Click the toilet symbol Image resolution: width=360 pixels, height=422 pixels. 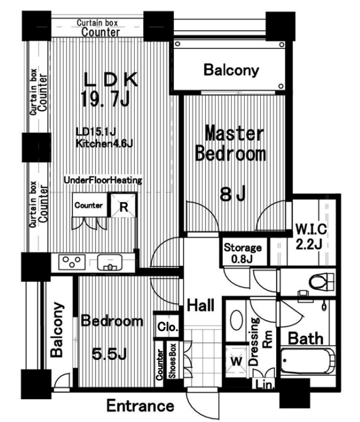point(321,282)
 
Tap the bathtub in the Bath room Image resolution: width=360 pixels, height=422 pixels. point(307,361)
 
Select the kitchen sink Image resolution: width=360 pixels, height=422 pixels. point(109,262)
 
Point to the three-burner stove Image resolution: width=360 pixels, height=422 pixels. point(71,262)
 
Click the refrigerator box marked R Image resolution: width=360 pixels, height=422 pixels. point(123,205)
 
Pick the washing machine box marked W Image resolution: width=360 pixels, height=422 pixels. point(236,362)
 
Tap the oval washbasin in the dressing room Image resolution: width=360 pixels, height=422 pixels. point(237,320)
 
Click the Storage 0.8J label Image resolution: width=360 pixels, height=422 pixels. point(242,253)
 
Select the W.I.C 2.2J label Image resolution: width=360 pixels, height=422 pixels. point(310,236)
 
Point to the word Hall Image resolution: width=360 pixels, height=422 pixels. point(201,305)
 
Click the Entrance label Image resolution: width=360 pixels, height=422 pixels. point(140,406)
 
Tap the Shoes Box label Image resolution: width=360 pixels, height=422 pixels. point(172,361)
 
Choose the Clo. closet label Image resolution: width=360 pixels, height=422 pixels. point(167,326)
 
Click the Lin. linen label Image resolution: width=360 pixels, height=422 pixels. point(265,385)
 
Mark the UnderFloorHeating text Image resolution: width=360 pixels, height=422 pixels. point(103,180)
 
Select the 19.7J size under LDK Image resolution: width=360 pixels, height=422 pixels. point(105,99)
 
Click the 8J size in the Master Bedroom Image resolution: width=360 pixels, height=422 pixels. point(233,193)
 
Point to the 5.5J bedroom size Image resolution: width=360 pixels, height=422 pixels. point(109,354)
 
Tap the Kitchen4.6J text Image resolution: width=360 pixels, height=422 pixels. point(104,143)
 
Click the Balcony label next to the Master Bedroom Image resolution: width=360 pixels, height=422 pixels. point(231,70)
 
